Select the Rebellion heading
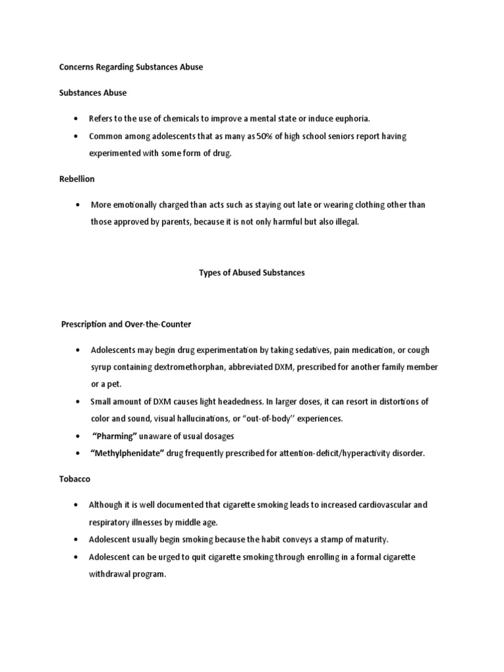click(x=77, y=178)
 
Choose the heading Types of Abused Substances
click(x=252, y=272)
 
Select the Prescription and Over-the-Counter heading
click(x=135, y=324)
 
